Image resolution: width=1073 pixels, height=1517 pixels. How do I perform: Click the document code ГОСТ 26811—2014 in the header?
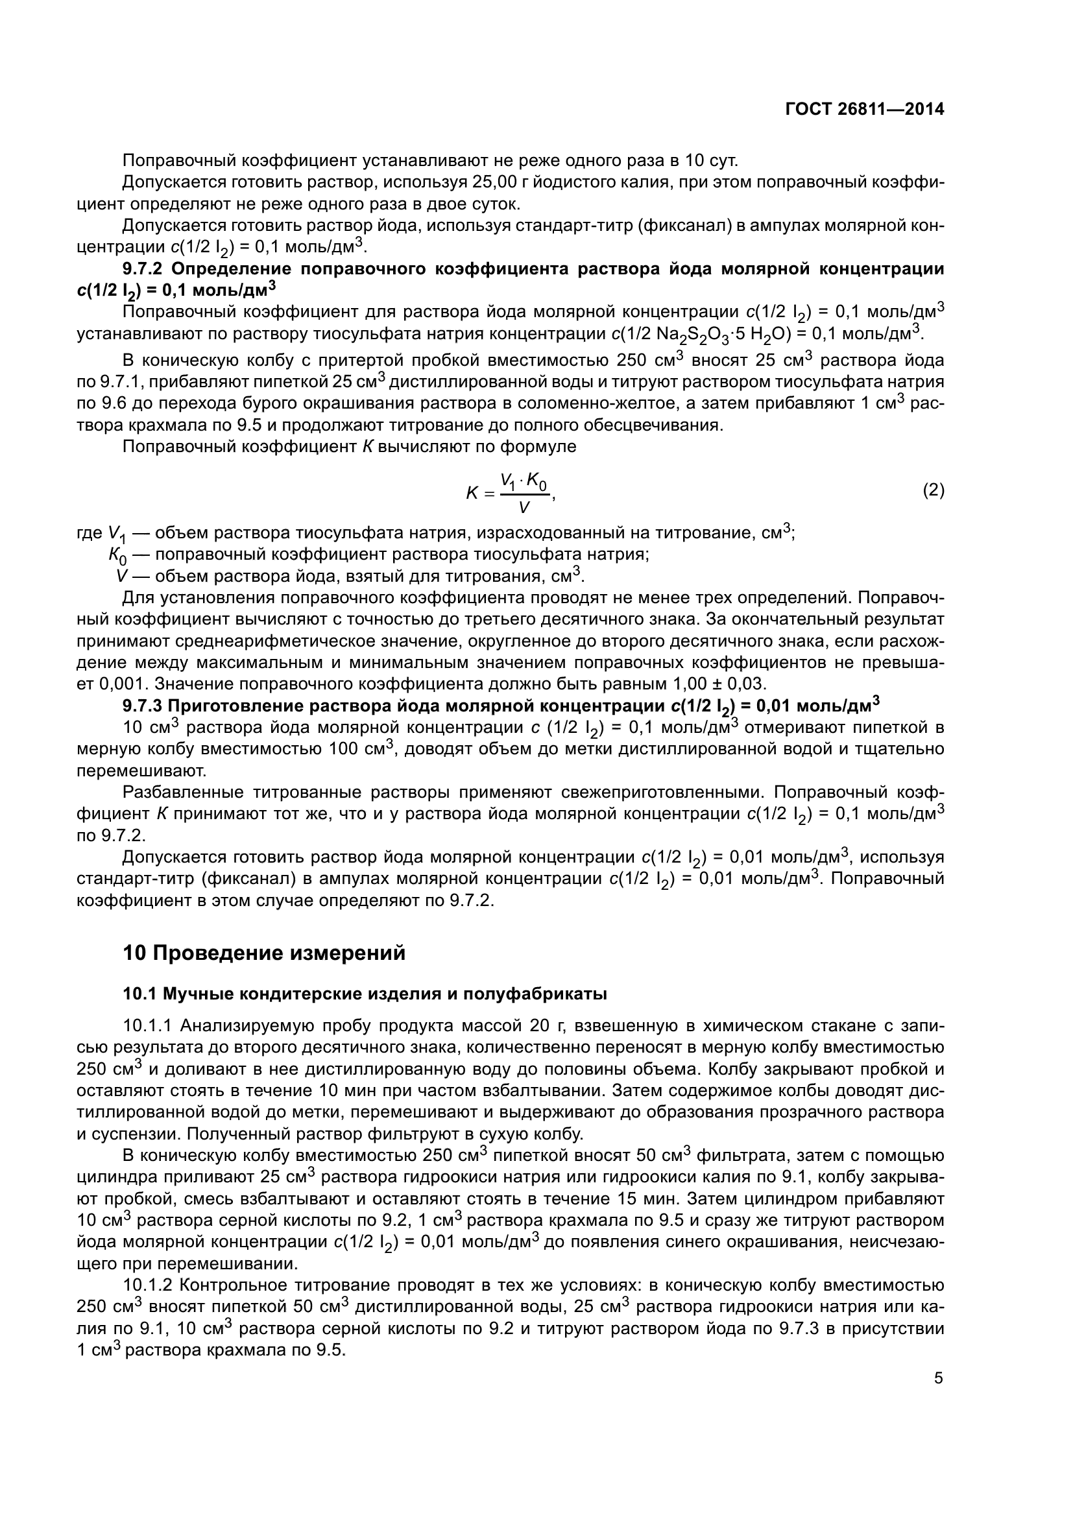tap(864, 110)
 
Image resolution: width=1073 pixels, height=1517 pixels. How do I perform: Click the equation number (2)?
tap(933, 490)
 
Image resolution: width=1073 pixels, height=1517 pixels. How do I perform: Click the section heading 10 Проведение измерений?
tap(263, 953)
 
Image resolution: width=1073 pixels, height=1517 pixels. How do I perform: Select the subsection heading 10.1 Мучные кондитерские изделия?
tap(365, 994)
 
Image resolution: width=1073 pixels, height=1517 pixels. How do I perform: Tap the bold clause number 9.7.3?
tap(141, 706)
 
